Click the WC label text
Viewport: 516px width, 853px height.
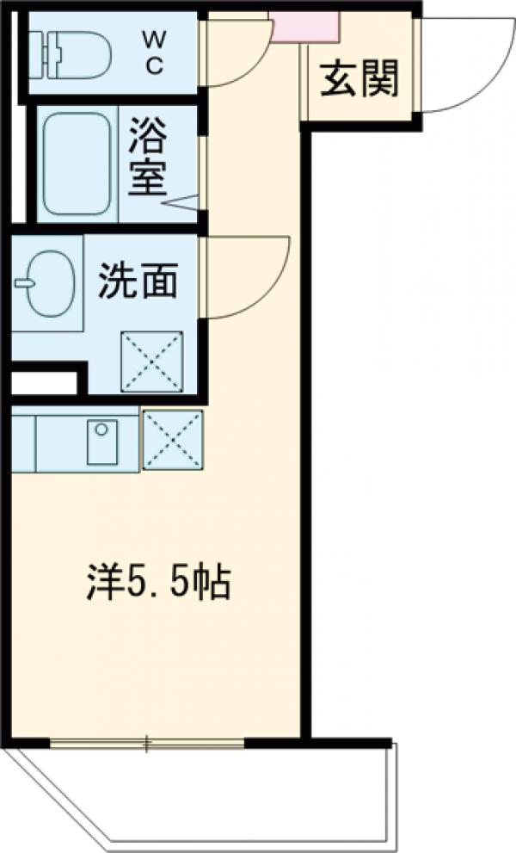[x=155, y=53]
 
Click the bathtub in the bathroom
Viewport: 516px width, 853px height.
[x=77, y=163]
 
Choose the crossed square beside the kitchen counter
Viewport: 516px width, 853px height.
[x=173, y=440]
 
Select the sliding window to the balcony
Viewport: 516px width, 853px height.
[x=147, y=742]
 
